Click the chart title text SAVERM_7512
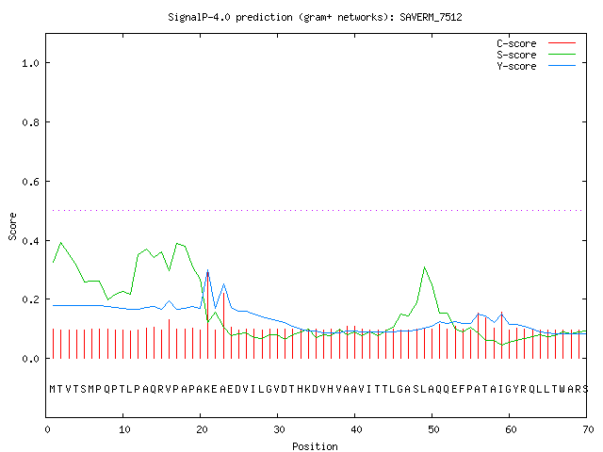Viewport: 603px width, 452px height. point(431,17)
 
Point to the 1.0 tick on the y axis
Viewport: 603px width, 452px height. point(30,63)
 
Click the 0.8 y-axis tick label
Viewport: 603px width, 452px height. point(30,122)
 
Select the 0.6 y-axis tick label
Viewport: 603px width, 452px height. point(30,182)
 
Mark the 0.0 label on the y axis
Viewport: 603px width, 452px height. point(30,359)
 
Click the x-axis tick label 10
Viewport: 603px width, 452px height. point(124,429)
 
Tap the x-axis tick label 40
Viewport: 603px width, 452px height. point(356,429)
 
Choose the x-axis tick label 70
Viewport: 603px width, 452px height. point(588,429)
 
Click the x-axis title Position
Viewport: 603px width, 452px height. point(315,446)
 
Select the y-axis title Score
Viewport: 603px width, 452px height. point(12,226)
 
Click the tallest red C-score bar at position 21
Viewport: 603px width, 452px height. point(207,315)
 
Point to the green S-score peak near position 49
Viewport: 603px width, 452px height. point(424,267)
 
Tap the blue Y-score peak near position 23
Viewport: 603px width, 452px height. point(223,284)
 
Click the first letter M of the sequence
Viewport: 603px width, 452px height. point(53,389)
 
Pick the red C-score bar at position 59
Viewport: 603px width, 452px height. point(501,335)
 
